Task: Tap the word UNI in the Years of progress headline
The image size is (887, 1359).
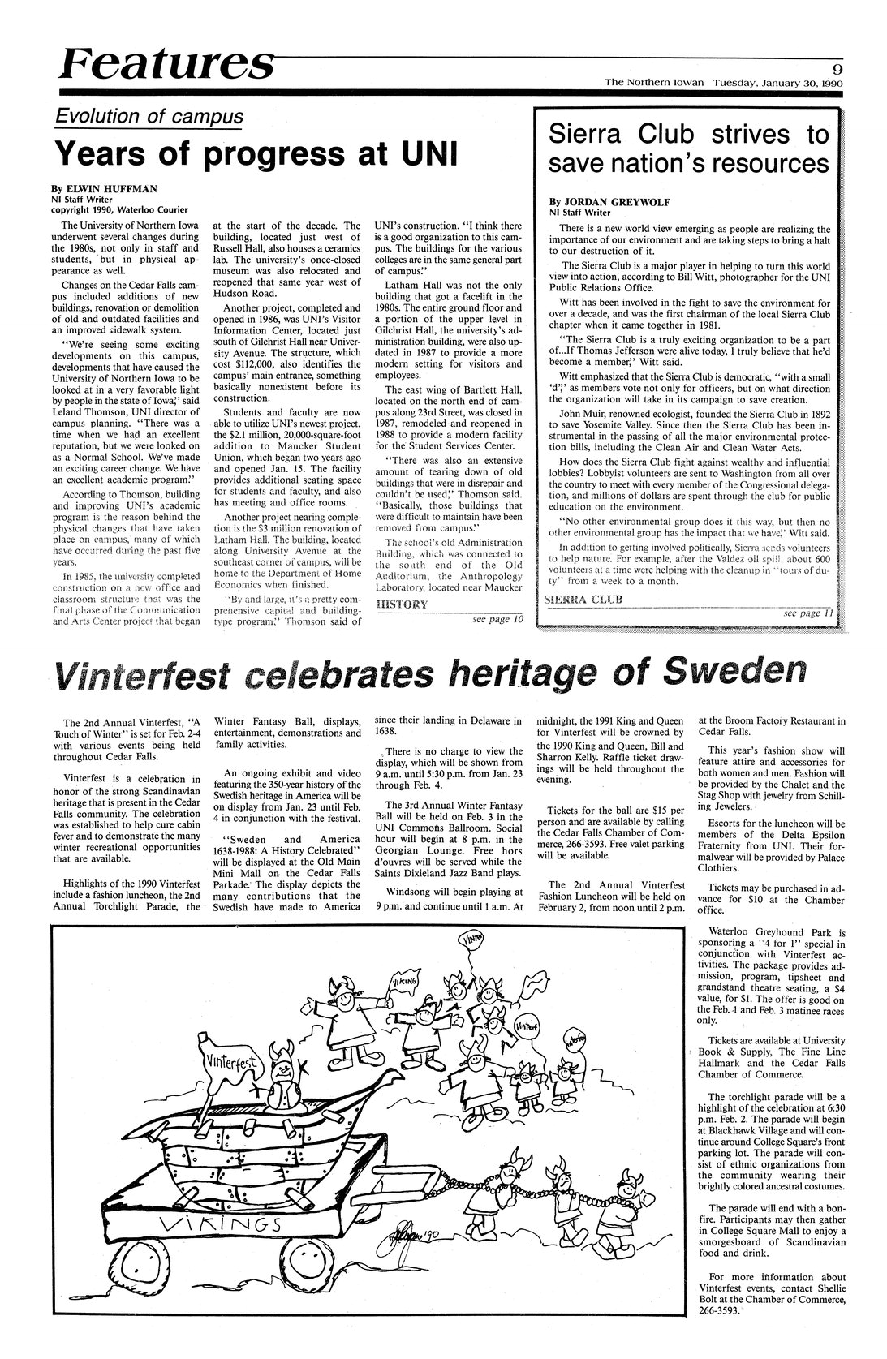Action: click(424, 153)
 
